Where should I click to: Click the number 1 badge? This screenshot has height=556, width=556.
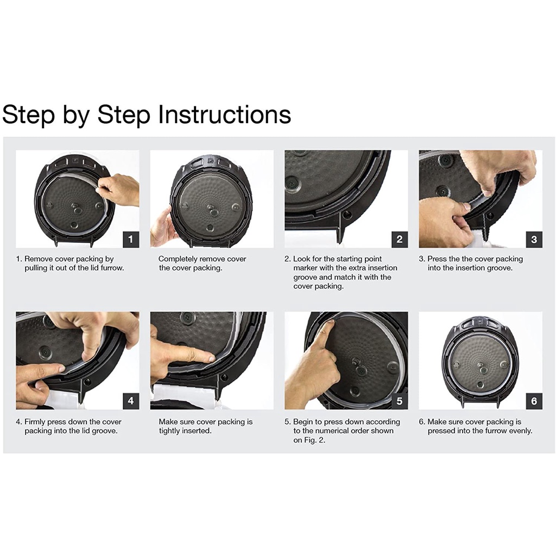click(x=130, y=239)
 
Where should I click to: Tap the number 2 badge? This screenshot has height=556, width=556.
click(x=399, y=239)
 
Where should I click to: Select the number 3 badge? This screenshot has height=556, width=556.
click(x=534, y=239)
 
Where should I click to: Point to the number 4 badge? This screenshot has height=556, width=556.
click(x=130, y=401)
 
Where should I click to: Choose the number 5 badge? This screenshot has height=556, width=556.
click(x=399, y=401)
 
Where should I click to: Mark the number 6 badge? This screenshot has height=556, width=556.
click(x=534, y=401)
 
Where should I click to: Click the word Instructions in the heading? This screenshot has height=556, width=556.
click(x=224, y=115)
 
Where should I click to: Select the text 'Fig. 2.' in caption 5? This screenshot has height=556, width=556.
click(x=314, y=440)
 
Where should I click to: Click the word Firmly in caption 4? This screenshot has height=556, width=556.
click(x=35, y=422)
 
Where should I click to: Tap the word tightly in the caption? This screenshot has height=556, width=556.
click(x=169, y=431)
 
